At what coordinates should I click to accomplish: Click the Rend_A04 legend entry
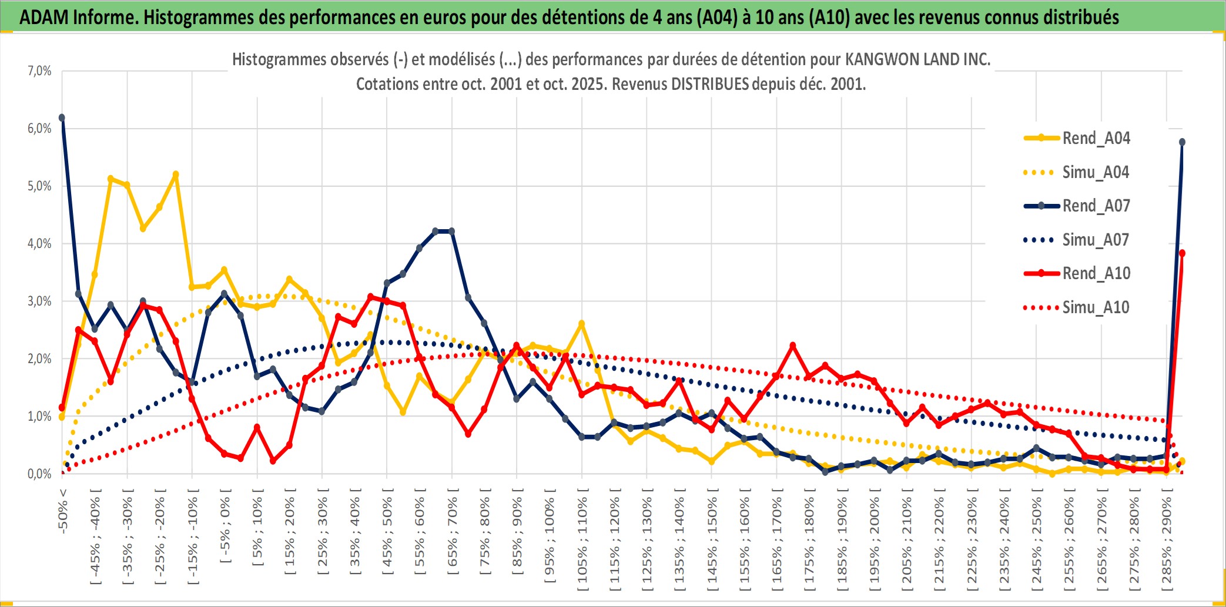[1096, 138]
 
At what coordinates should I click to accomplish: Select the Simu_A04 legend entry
[1096, 172]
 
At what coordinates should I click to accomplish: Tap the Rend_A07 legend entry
[1096, 206]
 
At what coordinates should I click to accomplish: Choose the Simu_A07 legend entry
[1096, 240]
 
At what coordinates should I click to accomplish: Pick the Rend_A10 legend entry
[1096, 273]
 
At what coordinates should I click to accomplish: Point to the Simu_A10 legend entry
[1096, 307]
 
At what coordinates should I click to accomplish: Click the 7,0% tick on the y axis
[39, 71]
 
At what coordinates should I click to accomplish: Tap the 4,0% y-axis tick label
[39, 244]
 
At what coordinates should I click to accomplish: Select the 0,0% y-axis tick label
[39, 474]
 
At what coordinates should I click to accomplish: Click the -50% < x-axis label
[63, 511]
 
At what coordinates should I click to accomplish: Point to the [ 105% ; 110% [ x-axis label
[582, 541]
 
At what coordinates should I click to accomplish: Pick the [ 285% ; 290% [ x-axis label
[1167, 541]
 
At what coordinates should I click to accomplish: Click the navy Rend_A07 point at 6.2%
[62, 118]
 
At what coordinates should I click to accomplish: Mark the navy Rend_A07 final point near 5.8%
[1182, 142]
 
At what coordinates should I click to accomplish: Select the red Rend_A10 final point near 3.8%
[1182, 253]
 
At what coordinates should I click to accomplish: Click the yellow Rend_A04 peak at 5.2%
[176, 175]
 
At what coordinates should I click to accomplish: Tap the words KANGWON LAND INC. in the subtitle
[917, 59]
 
